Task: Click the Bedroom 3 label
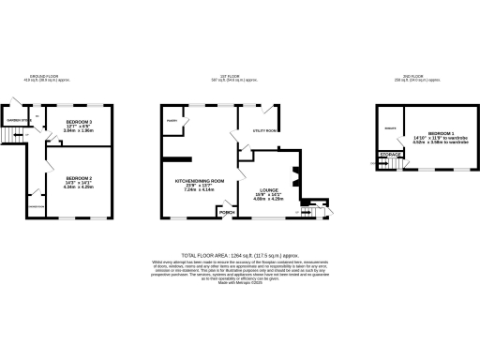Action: click(x=79, y=122)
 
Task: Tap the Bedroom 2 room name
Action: click(x=79, y=177)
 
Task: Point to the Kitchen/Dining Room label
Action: click(x=201, y=180)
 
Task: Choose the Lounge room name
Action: click(x=268, y=187)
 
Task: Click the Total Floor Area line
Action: click(x=240, y=255)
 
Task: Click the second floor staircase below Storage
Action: click(x=388, y=164)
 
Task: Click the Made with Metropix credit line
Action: click(x=240, y=284)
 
